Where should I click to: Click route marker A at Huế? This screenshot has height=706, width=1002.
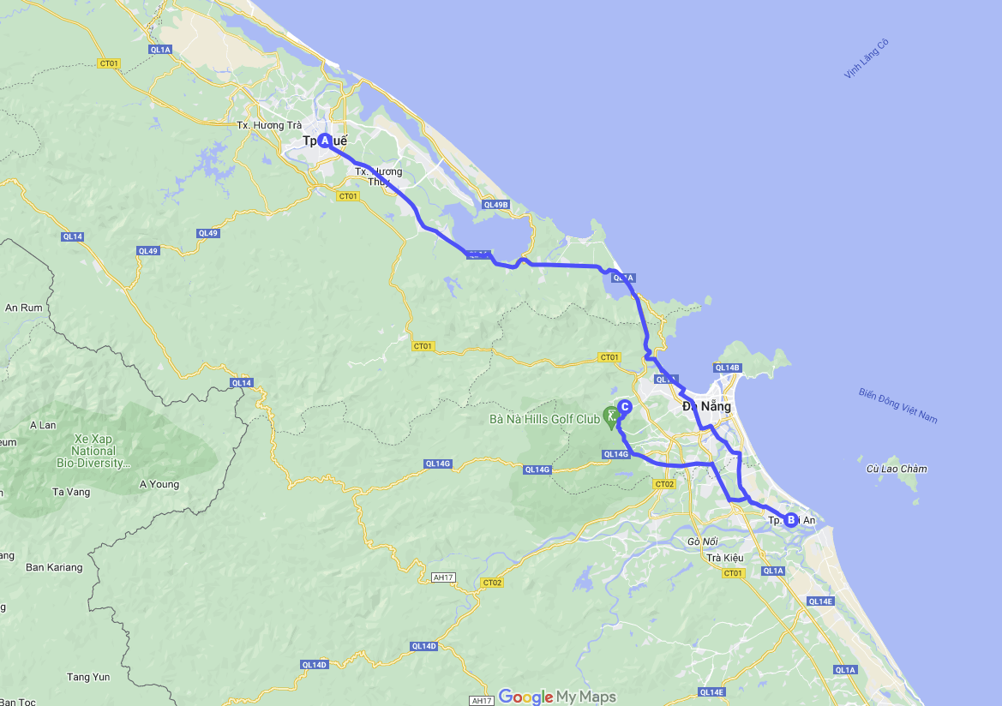[325, 141]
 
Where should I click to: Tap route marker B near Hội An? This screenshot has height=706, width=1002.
[790, 519]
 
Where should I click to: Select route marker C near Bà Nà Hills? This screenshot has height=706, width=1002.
[625, 407]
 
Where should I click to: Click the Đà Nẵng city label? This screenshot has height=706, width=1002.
[707, 406]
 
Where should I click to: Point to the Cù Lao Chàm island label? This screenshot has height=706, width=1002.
[896, 469]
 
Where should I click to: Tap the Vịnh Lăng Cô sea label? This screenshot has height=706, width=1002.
[866, 59]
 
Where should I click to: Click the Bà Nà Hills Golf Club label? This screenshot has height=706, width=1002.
[544, 420]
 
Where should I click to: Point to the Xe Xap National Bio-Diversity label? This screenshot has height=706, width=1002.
[93, 451]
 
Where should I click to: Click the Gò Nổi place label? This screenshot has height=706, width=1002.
[702, 541]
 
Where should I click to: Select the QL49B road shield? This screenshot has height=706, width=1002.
[495, 205]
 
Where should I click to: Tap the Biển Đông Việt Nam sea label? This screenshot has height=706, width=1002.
[898, 405]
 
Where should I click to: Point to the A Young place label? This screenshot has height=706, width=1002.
[159, 484]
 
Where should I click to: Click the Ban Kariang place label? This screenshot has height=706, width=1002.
[54, 567]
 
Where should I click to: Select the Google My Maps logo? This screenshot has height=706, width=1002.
[557, 697]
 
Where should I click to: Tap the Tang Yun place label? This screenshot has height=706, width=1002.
[89, 677]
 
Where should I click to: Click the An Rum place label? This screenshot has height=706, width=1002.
[23, 308]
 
